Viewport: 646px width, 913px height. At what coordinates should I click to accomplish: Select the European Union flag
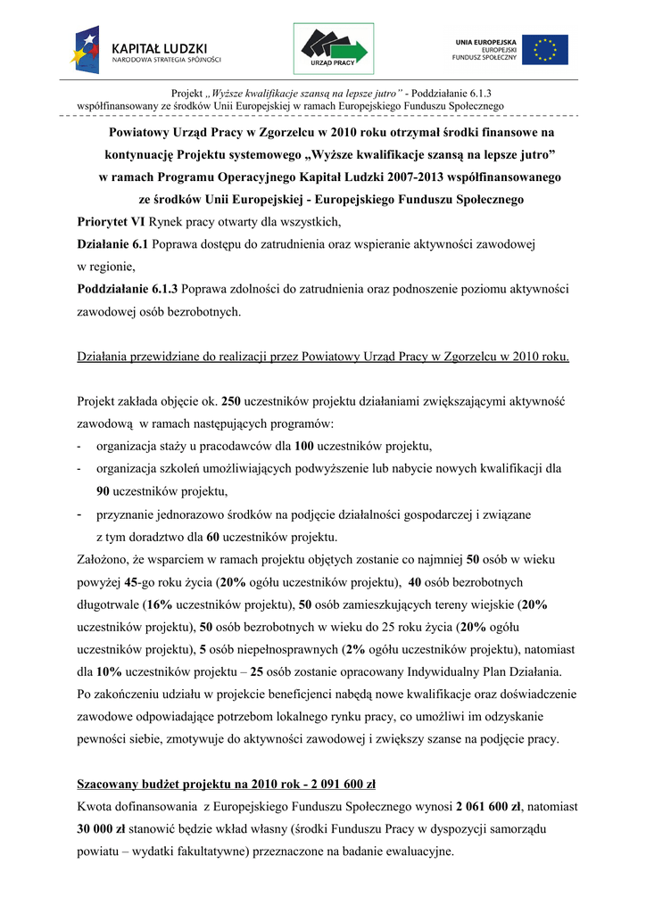pyautogui.click(x=545, y=49)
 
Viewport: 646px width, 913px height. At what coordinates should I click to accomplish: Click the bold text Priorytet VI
pyautogui.click(x=111, y=221)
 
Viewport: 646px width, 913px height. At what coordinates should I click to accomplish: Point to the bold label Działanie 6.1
pyautogui.click(x=112, y=243)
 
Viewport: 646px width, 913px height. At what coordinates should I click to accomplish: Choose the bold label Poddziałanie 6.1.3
pyautogui.click(x=128, y=289)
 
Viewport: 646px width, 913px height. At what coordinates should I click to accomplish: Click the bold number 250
pyautogui.click(x=231, y=401)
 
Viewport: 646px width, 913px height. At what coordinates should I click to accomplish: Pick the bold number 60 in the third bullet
pyautogui.click(x=213, y=537)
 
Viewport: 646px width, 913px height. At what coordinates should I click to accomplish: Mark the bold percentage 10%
pyautogui.click(x=110, y=671)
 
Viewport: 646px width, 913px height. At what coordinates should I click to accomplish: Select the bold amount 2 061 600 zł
pyautogui.click(x=487, y=807)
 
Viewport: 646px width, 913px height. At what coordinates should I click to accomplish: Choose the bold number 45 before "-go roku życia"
pyautogui.click(x=130, y=582)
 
